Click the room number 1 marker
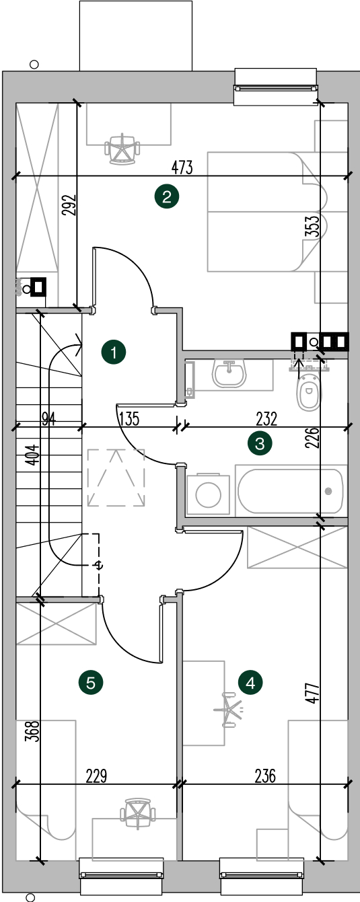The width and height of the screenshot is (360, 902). tap(114, 352)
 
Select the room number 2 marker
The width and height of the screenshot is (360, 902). tap(166, 196)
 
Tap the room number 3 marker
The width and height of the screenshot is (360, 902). tap(260, 444)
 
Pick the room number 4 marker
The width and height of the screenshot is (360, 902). tap(250, 683)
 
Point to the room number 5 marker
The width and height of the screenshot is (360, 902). tap(91, 683)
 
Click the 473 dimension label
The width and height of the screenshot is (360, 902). tap(182, 167)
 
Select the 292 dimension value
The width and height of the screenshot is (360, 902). tap(70, 204)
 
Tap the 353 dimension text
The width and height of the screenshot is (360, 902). tap(314, 226)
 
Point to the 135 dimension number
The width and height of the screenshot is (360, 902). tap(130, 419)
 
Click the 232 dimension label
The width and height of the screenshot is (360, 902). tap(266, 419)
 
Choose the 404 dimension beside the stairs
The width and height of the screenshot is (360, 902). tap(34, 455)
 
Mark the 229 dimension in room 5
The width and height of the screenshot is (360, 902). tap(97, 776)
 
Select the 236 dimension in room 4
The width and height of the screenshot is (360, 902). tap(265, 776)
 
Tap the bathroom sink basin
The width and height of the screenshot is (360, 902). tap(229, 373)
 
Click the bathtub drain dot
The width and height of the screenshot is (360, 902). tap(328, 491)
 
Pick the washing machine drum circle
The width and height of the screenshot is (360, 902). tap(208, 495)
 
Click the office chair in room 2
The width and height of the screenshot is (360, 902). tap(122, 149)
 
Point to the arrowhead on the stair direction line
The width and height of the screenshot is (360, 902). tap(79, 345)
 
